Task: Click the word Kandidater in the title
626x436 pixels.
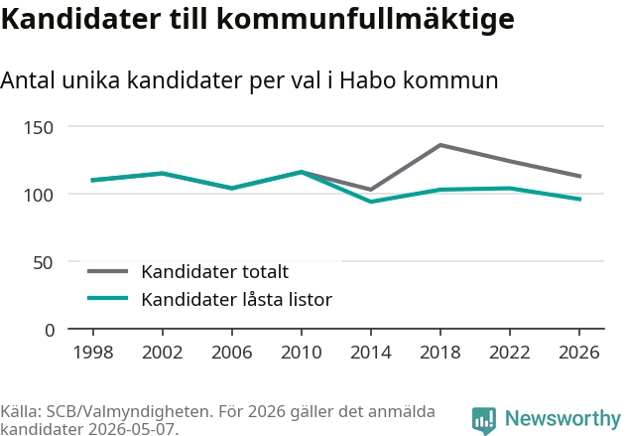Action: tap(81, 18)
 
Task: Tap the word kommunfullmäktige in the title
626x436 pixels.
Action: tap(365, 20)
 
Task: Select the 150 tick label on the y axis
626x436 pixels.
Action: tap(39, 128)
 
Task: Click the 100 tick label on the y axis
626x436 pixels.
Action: tap(39, 196)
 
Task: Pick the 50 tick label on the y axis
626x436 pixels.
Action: tap(43, 263)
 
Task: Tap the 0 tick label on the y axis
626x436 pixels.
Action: tap(50, 331)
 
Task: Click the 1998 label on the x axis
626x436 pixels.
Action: tap(93, 353)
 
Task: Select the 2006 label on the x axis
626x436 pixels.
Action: tap(232, 353)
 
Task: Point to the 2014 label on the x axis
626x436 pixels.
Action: tap(371, 353)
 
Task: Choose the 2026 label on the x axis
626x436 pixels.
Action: tap(579, 353)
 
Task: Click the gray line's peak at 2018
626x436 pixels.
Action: tap(440, 145)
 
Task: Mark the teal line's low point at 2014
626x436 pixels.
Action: tap(371, 202)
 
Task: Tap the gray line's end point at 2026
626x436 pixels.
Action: tap(579, 176)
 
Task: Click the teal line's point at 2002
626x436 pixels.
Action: tap(163, 173)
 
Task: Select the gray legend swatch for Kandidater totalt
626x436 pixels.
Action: tap(108, 271)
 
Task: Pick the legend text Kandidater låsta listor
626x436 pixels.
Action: tap(237, 299)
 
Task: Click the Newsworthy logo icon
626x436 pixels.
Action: tap(484, 420)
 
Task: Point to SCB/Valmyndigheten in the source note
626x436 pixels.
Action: tap(128, 411)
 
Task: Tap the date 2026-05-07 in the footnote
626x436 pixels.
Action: tap(131, 429)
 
